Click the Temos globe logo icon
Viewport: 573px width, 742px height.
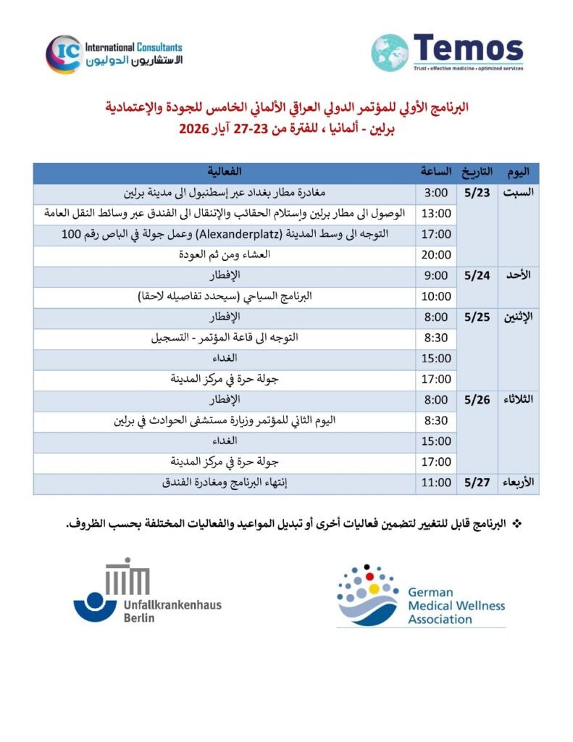pos(390,52)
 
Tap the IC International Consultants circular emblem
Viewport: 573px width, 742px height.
pos(63,54)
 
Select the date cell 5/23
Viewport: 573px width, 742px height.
pos(478,193)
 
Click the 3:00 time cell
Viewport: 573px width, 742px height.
pos(437,193)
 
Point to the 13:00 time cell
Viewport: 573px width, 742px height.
pos(437,214)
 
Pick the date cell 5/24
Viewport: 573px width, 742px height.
pos(478,276)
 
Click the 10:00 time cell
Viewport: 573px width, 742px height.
pos(437,296)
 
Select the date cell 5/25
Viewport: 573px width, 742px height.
pos(478,317)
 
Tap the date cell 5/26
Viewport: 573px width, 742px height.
pos(478,400)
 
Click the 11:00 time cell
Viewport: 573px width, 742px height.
pos(437,483)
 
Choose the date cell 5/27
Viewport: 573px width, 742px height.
pos(478,483)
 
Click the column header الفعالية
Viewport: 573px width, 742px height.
pos(225,172)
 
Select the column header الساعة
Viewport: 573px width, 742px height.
pos(437,172)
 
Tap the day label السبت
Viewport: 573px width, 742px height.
pos(519,193)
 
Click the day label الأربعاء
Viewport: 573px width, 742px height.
pos(517,483)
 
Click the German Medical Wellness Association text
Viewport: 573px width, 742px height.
pos(456,606)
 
